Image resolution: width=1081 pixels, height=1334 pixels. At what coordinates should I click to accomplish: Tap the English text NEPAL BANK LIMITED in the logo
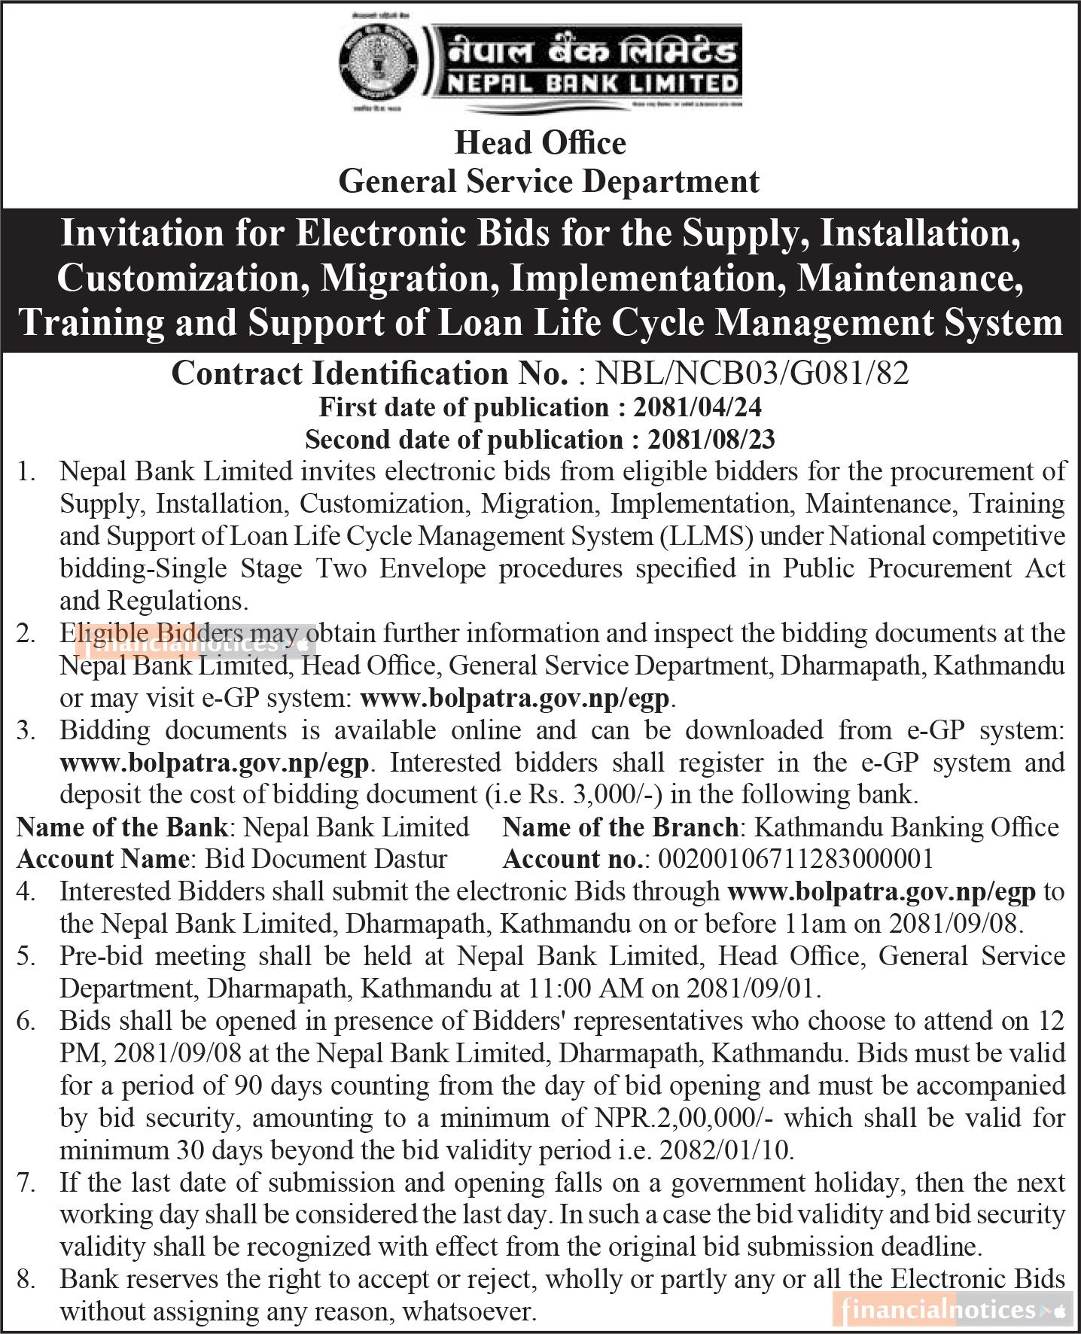click(x=592, y=83)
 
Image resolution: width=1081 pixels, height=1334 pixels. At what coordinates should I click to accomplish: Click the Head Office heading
click(x=540, y=143)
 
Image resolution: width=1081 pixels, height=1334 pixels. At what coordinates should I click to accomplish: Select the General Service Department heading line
click(x=549, y=181)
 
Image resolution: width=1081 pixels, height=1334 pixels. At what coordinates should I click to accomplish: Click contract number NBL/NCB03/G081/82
click(x=752, y=373)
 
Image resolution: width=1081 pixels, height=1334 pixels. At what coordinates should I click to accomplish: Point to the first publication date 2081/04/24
click(x=698, y=407)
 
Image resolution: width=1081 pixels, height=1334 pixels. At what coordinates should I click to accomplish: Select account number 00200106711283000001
click(x=795, y=858)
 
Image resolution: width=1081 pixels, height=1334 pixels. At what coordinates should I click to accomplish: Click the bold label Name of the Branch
click(x=620, y=827)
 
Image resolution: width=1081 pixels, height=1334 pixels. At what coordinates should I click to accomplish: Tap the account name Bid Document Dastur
click(x=326, y=858)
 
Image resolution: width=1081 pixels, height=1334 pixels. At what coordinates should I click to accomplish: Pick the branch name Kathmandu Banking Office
click(x=906, y=827)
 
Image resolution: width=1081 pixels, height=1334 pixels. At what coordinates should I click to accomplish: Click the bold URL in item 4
click(x=882, y=891)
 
